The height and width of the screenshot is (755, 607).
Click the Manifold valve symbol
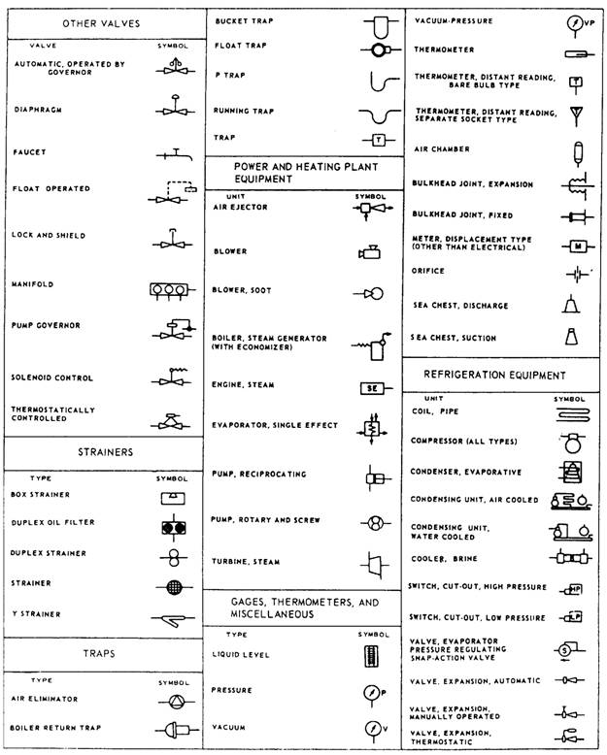pos(168,288)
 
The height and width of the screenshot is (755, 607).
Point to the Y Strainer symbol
pos(172,617)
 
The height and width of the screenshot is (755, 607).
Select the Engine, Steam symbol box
pos(373,387)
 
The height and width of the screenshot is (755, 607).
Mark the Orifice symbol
pos(574,274)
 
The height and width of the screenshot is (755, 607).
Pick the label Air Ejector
pos(240,207)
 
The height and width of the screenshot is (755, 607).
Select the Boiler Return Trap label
pos(57,727)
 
